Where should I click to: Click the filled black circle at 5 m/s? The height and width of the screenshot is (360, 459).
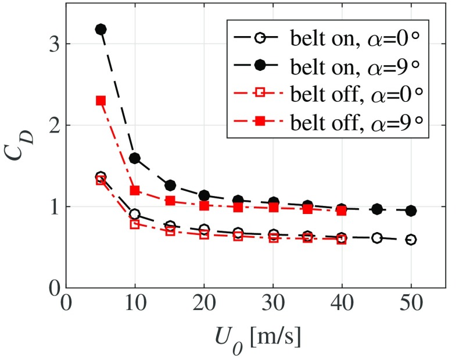coord(100,29)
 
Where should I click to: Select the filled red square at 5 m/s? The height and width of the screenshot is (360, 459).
coord(100,100)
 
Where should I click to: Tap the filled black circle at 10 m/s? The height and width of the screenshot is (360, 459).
coord(135,158)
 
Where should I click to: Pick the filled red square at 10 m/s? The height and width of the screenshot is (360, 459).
coord(135,190)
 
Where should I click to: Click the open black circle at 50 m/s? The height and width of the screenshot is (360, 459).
coord(411,240)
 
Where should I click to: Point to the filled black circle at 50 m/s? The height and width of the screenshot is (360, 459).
coord(411,211)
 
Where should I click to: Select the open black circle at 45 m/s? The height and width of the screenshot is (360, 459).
coord(376,238)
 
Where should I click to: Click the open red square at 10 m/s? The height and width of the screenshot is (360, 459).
coord(135,224)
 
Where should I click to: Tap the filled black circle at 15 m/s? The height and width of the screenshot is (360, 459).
coord(170,186)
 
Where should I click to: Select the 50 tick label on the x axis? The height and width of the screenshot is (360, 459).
coord(411,305)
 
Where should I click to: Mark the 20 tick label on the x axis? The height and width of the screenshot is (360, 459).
coord(204,305)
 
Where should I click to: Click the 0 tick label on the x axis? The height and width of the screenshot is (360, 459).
coord(66,305)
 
